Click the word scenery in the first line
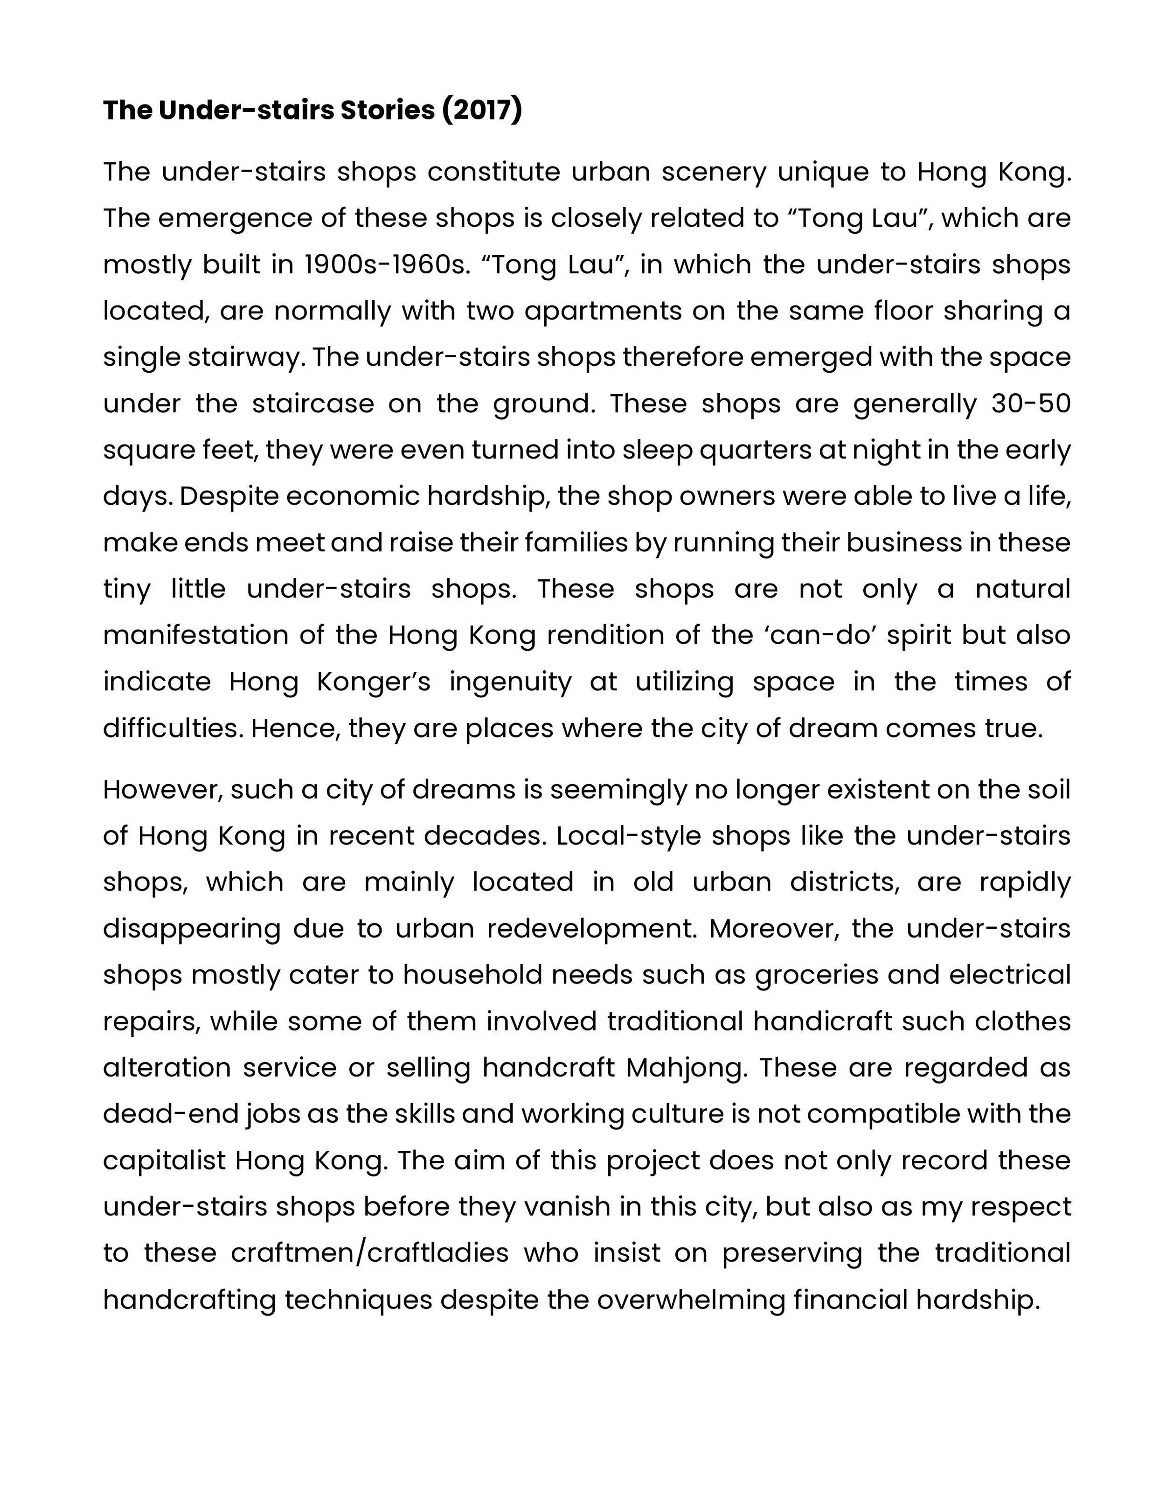coord(714,172)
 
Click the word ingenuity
coord(510,682)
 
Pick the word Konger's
coord(374,682)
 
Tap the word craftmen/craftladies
coord(369,1253)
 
